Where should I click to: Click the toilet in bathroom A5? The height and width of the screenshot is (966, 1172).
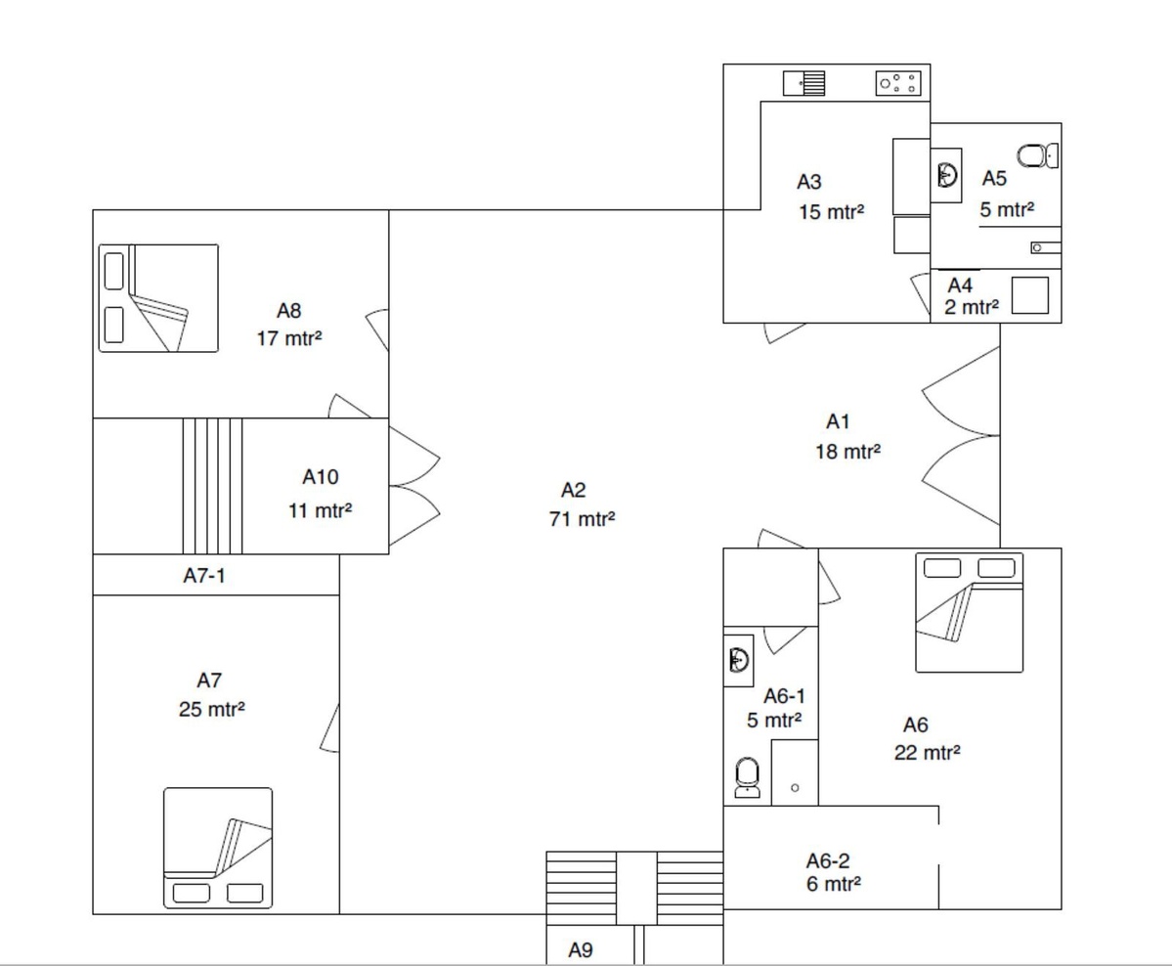click(1037, 156)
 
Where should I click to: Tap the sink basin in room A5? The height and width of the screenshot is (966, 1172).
click(947, 176)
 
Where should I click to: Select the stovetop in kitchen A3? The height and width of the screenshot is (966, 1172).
click(897, 83)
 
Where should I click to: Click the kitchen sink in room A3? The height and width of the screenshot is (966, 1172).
click(804, 83)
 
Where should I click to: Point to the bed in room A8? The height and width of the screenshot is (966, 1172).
click(158, 297)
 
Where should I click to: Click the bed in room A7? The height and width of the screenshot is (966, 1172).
click(218, 847)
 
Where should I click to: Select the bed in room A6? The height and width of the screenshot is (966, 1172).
click(970, 612)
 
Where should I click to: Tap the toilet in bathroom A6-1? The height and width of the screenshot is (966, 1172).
click(748, 777)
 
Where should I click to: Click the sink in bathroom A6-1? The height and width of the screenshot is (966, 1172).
click(738, 660)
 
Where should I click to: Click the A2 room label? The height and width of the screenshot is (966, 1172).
click(574, 491)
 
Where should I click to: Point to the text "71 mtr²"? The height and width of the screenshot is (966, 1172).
click(582, 519)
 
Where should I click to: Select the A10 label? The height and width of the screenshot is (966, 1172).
click(321, 477)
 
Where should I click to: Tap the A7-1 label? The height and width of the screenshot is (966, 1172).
click(204, 576)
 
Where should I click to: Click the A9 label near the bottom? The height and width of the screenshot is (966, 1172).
click(581, 950)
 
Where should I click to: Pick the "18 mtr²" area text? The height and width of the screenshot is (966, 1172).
click(847, 452)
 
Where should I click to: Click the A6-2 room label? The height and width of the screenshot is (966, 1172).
click(827, 860)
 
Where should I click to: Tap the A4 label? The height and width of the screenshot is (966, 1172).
click(960, 285)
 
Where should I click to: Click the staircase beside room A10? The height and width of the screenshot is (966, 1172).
click(213, 486)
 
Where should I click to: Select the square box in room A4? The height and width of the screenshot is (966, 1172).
click(1030, 295)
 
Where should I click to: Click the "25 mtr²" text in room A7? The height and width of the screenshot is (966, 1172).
click(211, 709)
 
